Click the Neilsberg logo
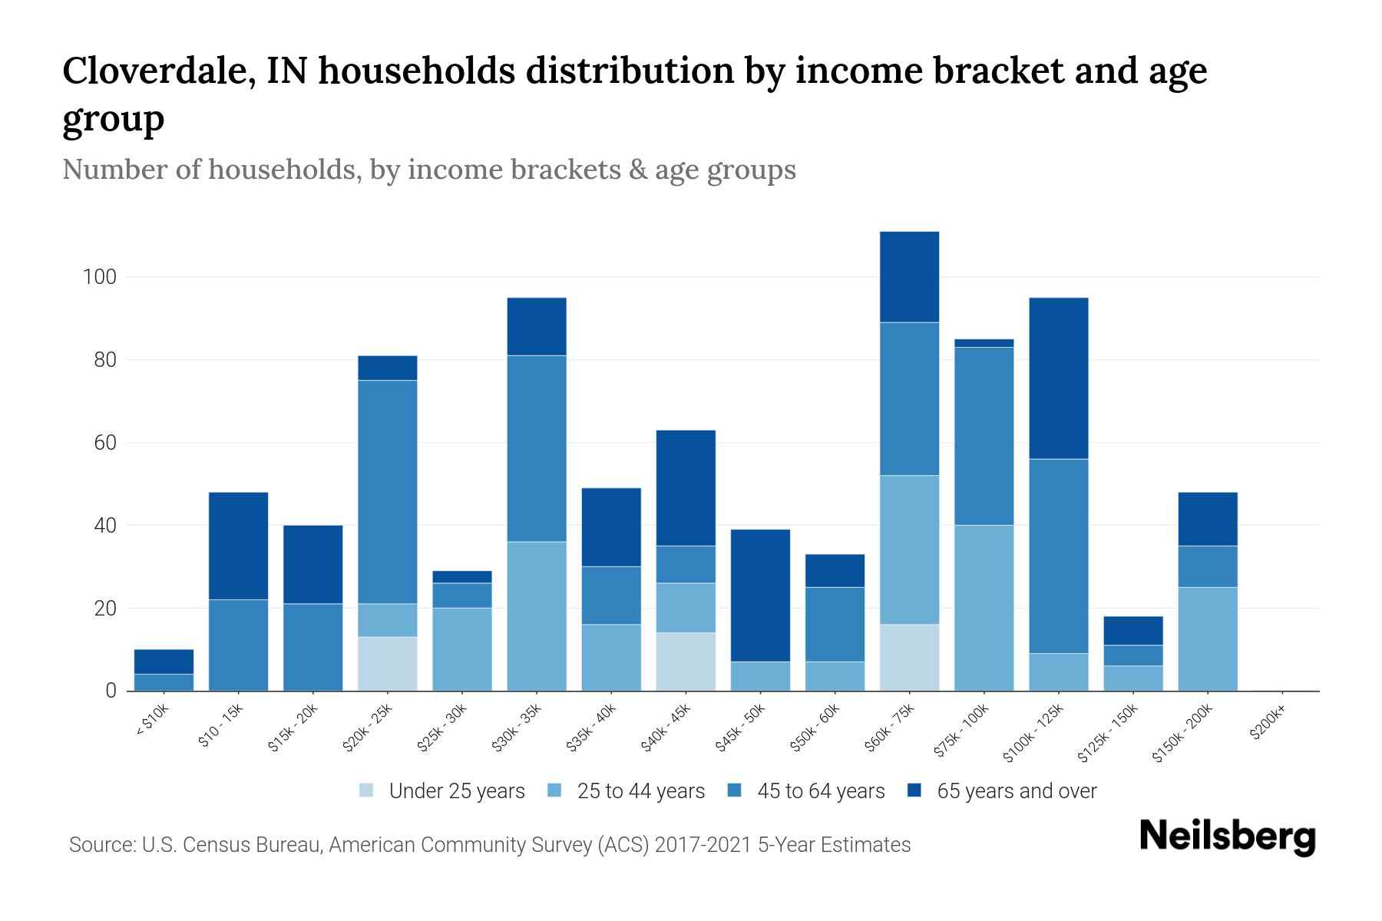[x=1227, y=837]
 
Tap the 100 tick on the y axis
[x=99, y=277]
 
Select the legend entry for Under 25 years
[x=442, y=791]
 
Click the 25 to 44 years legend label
[x=640, y=791]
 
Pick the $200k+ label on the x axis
[x=1267, y=725]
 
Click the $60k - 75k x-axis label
[x=891, y=729]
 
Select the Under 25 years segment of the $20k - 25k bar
[x=388, y=664]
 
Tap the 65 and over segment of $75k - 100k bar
[x=984, y=343]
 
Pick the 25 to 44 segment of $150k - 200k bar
[x=1208, y=639]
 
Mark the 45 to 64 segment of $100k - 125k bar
[x=1059, y=556]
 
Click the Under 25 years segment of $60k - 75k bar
[x=910, y=658]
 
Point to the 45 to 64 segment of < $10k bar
[x=164, y=682]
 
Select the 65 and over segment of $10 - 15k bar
[x=238, y=546]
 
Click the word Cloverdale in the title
[x=154, y=71]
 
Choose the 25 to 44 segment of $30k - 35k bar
[x=537, y=616]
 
